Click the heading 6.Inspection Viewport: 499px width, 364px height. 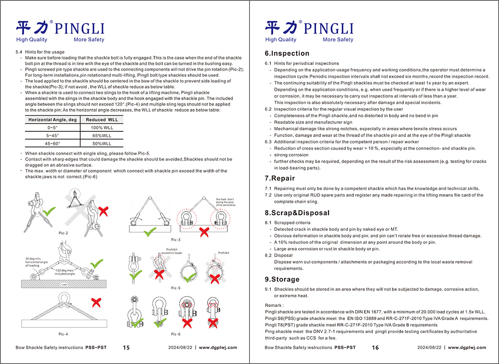pyautogui.click(x=287, y=53)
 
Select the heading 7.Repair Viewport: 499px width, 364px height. pyautogui.click(x=280, y=178)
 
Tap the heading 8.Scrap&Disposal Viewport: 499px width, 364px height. pyautogui.click(x=297, y=213)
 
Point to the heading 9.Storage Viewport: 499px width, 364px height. pyautogui.click(x=282, y=279)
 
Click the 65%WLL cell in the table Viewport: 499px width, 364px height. pyautogui.click(x=102, y=136)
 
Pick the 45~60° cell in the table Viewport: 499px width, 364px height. pyautogui.click(x=52, y=144)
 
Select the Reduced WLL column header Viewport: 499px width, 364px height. pyautogui.click(x=102, y=120)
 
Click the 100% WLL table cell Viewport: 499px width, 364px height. pyautogui.click(x=102, y=128)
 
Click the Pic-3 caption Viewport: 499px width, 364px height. pyautogui.click(x=176, y=240)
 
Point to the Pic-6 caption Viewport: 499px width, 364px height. pyautogui.click(x=176, y=334)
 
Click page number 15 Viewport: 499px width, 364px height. pyautogui.click(x=126, y=348)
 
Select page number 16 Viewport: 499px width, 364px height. pyautogui.click(x=375, y=348)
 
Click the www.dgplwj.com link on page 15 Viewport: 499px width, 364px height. pyautogui.click(x=218, y=348)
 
